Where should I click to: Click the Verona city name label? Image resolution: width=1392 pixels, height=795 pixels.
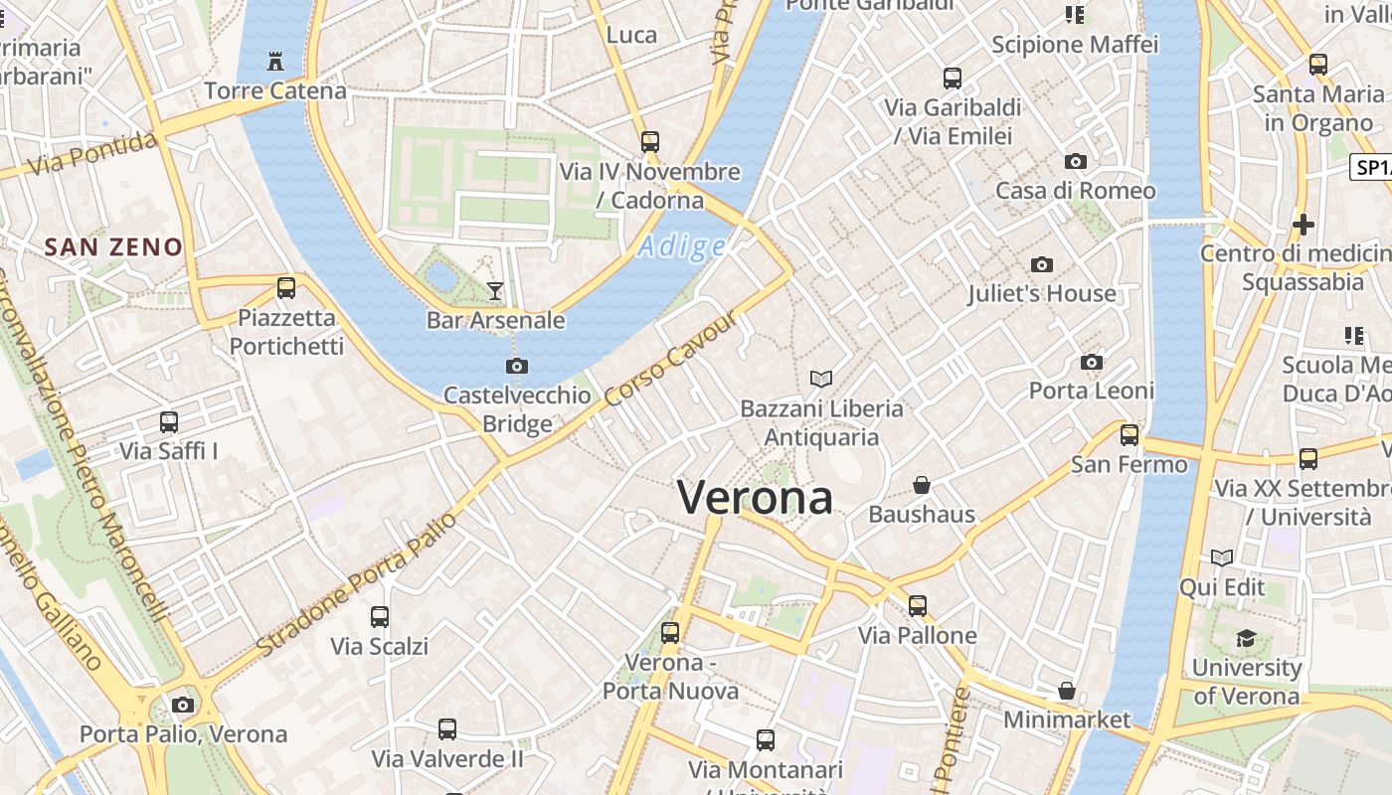(755, 497)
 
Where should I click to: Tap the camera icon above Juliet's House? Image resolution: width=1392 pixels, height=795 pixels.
(1042, 264)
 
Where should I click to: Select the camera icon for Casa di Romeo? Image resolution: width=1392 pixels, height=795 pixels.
(1075, 161)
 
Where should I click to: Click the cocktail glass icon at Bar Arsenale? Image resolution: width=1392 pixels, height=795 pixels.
(495, 290)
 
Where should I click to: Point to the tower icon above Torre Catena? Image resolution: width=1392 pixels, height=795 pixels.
(275, 62)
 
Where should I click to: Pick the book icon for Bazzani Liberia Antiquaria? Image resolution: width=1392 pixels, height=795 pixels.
(821, 379)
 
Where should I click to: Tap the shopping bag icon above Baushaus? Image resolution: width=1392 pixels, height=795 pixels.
(922, 485)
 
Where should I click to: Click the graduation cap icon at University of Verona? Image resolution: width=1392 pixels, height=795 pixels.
(1246, 638)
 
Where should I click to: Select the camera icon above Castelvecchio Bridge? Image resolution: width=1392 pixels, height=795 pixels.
(517, 366)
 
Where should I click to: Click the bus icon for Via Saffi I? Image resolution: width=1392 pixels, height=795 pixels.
(169, 422)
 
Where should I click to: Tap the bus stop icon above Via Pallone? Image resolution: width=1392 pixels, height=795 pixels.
(917, 605)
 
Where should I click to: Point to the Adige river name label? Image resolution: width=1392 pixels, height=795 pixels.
(682, 246)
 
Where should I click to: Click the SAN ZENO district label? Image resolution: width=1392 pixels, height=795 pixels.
(114, 247)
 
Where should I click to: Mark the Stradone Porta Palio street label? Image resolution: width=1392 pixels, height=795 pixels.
(357, 584)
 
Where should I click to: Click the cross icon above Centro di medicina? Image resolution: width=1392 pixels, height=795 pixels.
(1303, 225)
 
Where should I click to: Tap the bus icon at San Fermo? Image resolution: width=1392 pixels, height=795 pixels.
(1129, 435)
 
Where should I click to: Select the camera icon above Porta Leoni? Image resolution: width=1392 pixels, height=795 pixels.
(1092, 362)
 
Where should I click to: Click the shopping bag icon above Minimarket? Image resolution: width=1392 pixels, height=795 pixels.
(1067, 690)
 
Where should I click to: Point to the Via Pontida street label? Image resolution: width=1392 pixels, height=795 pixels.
(92, 155)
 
